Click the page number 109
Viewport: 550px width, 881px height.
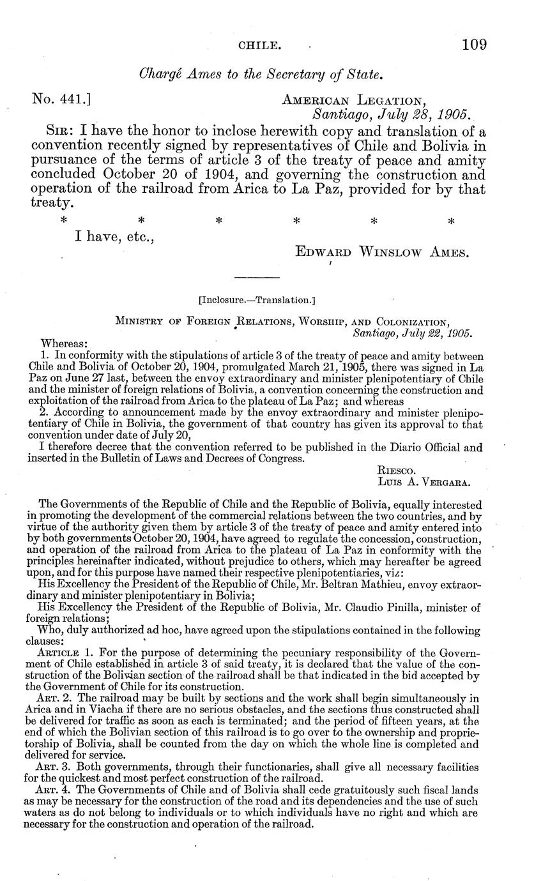coord(474,44)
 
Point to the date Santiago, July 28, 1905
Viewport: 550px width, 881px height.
coord(391,115)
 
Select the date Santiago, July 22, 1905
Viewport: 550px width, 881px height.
coord(412,333)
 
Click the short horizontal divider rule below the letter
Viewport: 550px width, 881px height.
coord(257,278)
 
